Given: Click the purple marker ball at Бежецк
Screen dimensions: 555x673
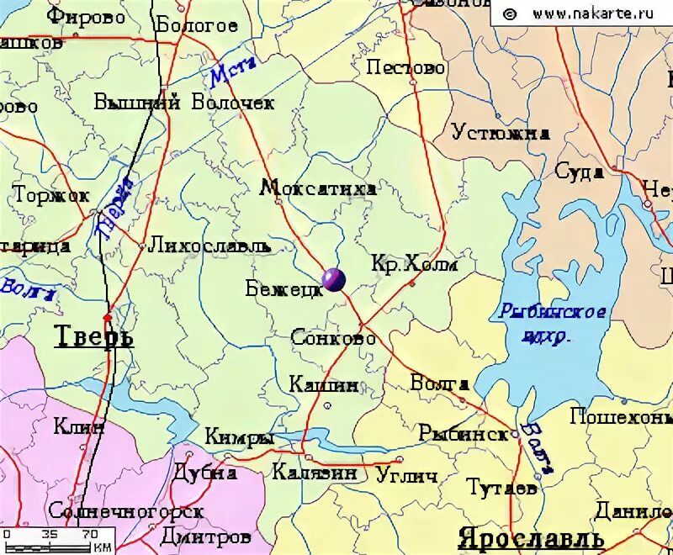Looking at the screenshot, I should tap(333, 280).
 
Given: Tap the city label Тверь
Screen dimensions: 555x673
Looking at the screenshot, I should tap(93, 336).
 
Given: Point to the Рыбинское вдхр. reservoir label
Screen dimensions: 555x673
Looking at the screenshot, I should tap(552, 322).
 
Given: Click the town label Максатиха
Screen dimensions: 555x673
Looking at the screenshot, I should tap(318, 188).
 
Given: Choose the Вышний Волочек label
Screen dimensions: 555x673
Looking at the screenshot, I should tap(184, 103).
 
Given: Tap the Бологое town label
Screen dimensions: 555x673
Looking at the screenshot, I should tap(197, 25).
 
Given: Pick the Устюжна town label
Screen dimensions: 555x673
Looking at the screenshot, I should tap(501, 132).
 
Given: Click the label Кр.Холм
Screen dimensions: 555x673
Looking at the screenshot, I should tap(415, 264).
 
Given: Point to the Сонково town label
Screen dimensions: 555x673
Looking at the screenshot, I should tap(333, 338).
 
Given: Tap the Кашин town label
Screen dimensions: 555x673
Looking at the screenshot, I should tap(324, 385).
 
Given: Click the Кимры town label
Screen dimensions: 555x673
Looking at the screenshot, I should tap(240, 437).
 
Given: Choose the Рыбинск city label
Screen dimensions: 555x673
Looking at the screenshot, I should tap(464, 434).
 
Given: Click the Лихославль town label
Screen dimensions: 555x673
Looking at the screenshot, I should tap(209, 246).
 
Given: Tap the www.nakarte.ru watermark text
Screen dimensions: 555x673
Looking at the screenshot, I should tap(581, 13).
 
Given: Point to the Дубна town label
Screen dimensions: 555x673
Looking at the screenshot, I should tap(205, 473).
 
